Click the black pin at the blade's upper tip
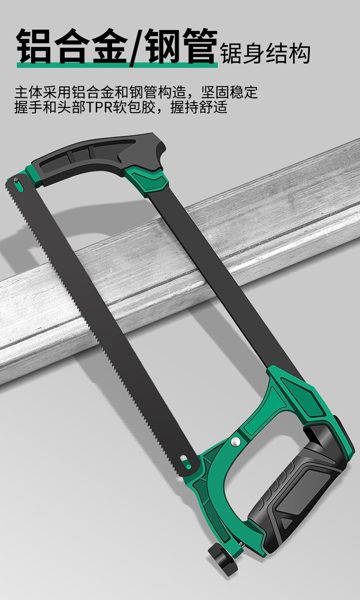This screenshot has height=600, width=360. pyautogui.click(x=16, y=180)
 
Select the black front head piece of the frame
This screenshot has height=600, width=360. pyautogui.click(x=99, y=158)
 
